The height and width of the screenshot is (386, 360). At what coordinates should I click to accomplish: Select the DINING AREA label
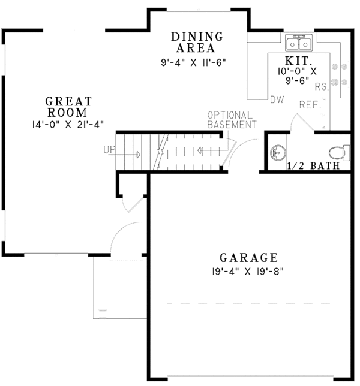point(197,43)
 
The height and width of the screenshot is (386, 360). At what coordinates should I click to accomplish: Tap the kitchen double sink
point(299,43)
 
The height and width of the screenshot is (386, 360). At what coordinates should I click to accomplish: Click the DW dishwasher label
point(277,99)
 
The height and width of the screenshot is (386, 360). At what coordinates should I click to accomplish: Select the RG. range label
point(322,87)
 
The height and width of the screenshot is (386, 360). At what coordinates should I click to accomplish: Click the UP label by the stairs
point(109,149)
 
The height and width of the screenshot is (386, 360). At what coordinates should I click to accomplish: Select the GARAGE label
point(248,258)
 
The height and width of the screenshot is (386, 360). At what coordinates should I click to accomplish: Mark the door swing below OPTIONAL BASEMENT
point(231,151)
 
